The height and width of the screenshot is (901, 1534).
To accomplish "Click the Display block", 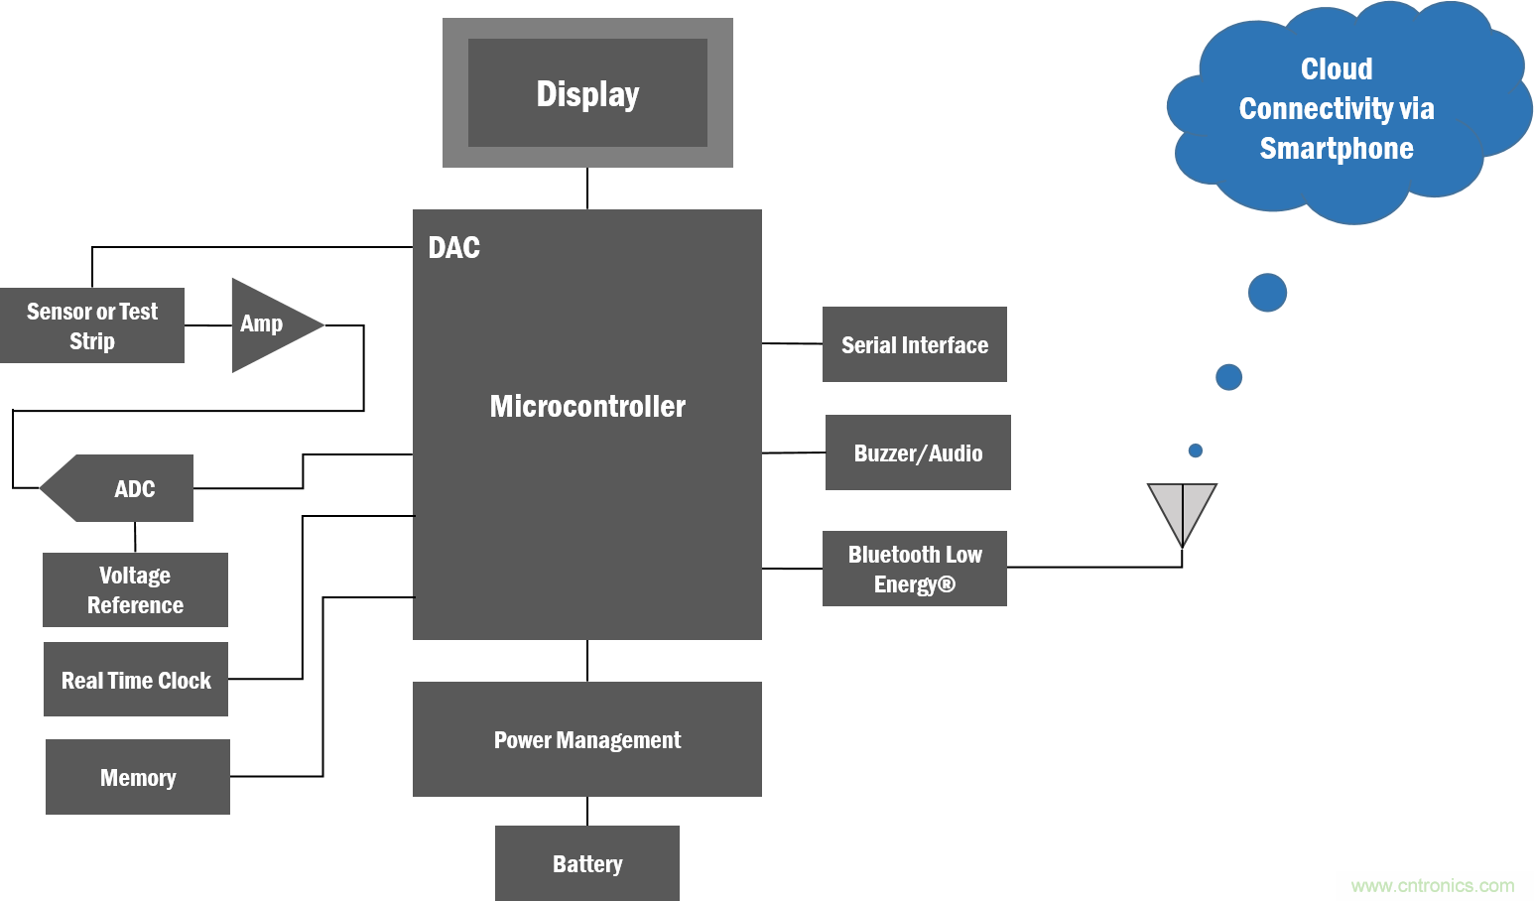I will pyautogui.click(x=587, y=93).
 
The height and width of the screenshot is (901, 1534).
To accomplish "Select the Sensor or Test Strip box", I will pyautogui.click(x=92, y=325).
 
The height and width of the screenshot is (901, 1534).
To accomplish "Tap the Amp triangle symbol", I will pyautogui.click(x=268, y=324).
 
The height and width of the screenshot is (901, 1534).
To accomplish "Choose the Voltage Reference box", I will pyautogui.click(x=135, y=589).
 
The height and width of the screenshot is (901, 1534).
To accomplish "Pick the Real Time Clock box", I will pyautogui.click(x=136, y=680).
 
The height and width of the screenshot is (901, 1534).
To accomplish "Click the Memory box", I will pyautogui.click(x=138, y=777).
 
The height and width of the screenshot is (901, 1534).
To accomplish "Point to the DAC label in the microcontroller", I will pyautogui.click(x=454, y=247).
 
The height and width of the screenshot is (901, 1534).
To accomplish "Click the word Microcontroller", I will pyautogui.click(x=587, y=406).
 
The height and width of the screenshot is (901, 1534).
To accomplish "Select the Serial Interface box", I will pyautogui.click(x=915, y=344).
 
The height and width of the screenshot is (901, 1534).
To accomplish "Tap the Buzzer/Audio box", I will pyautogui.click(x=918, y=452).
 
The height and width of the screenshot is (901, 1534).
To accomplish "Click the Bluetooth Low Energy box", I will pyautogui.click(x=915, y=569).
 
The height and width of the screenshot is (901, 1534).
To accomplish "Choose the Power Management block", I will pyautogui.click(x=587, y=739).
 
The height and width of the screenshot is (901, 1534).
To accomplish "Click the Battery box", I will pyautogui.click(x=587, y=863).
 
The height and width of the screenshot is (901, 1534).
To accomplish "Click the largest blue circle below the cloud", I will pyautogui.click(x=1267, y=293).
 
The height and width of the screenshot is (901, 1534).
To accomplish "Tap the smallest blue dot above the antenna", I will pyautogui.click(x=1196, y=450).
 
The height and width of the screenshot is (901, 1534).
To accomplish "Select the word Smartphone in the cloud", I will pyautogui.click(x=1337, y=149).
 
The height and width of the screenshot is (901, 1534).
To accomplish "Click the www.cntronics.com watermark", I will pyautogui.click(x=1432, y=885).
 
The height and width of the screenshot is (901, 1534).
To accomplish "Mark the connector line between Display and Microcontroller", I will pyautogui.click(x=587, y=189).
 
